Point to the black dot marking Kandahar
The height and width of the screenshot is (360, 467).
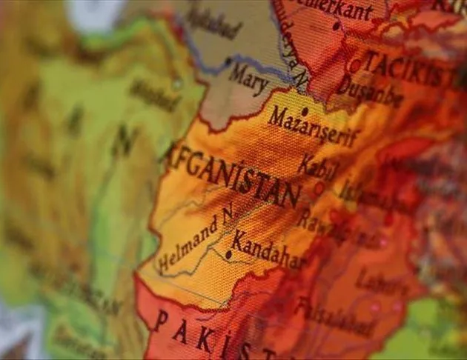(228, 254)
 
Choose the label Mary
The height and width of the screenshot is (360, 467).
(248, 79)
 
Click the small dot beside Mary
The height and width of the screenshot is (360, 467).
(228, 61)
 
